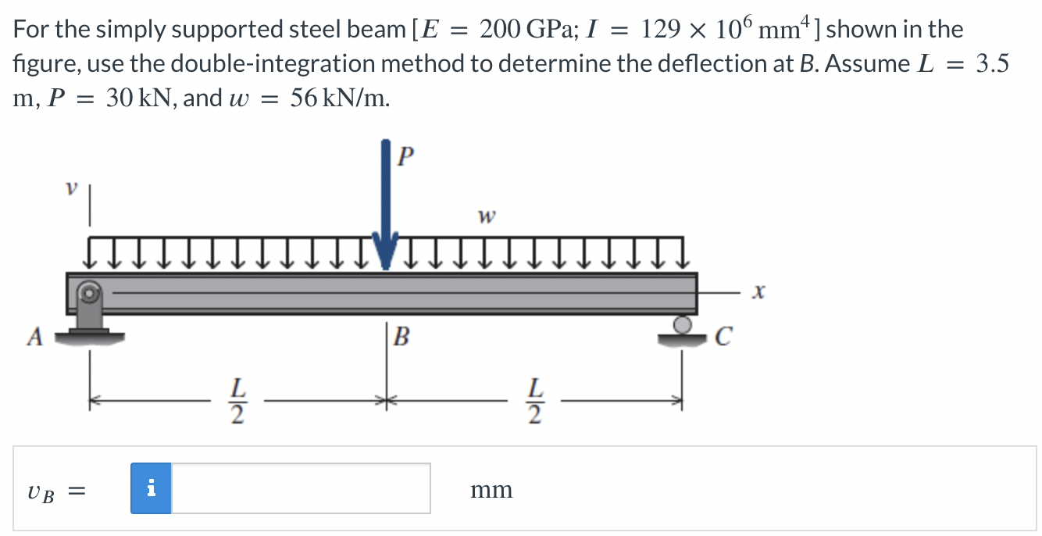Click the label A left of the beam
point(34,337)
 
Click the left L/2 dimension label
point(237,400)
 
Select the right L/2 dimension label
point(534,400)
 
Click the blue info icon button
point(151,488)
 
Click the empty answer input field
point(301,488)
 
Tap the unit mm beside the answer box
point(491,490)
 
